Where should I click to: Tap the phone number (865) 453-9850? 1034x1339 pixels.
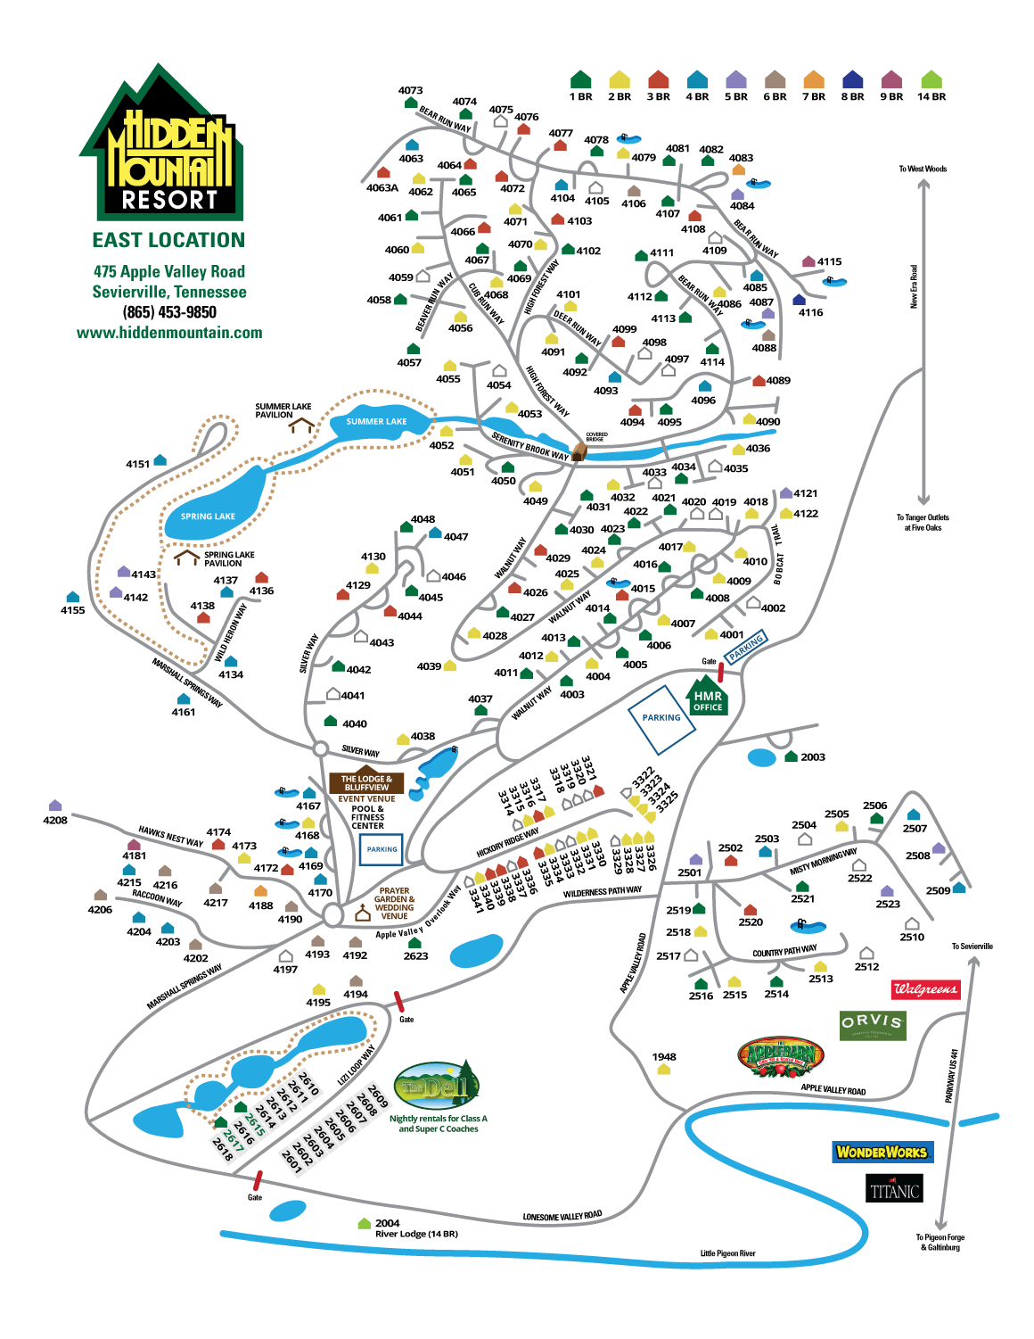click(169, 312)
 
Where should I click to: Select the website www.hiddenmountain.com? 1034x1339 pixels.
click(169, 333)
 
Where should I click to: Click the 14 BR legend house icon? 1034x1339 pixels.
click(931, 80)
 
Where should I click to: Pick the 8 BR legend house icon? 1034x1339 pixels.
click(853, 80)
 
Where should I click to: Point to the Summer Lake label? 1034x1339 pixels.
click(376, 421)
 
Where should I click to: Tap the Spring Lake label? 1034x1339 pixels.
click(208, 517)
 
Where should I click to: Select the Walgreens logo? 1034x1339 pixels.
click(926, 988)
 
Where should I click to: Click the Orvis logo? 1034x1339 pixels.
click(873, 1024)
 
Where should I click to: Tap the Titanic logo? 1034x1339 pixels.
click(895, 1189)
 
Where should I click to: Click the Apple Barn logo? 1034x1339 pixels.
click(782, 1057)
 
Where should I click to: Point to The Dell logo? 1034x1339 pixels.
click(437, 1087)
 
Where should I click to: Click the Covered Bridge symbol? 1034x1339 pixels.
click(578, 451)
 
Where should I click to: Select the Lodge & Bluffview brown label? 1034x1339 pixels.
click(366, 782)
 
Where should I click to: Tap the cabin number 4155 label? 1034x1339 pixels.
click(73, 610)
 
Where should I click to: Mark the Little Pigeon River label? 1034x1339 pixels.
click(727, 1253)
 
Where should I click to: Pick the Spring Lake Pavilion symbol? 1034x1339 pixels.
click(187, 558)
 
